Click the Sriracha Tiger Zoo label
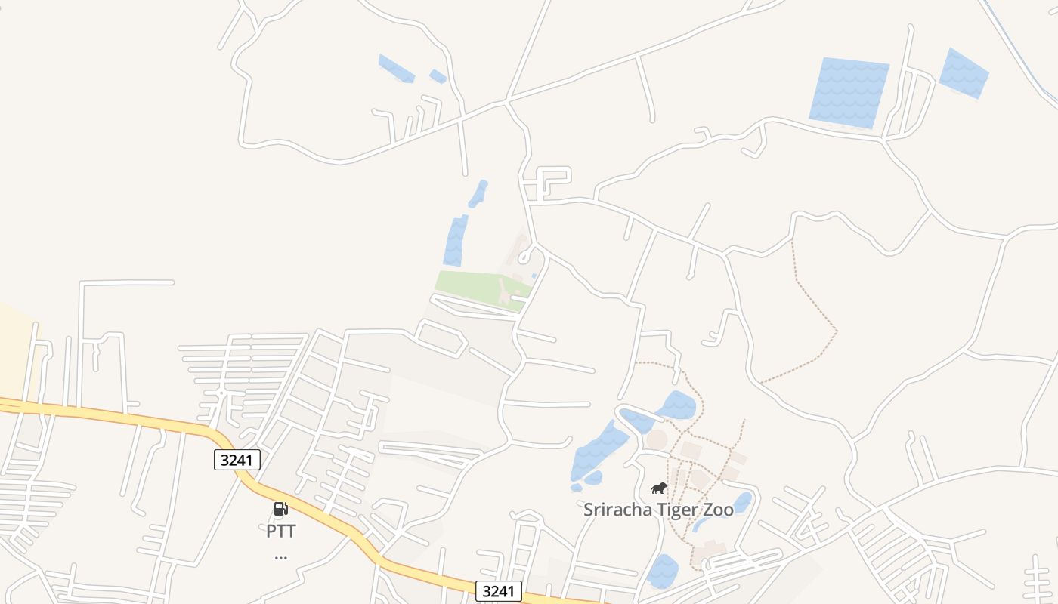coord(657,510)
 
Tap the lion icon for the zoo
coord(659,488)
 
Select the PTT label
coord(280,531)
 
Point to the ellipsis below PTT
coord(280,558)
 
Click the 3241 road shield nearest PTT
coord(237,460)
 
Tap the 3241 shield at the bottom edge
coord(499,591)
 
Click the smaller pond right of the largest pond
coord(964,73)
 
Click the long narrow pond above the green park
coord(456,240)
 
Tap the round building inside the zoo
coord(657,439)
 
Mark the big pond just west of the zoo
coord(597,451)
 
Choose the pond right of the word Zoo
coord(742,503)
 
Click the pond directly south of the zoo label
coord(663,571)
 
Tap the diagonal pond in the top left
coord(396,68)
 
